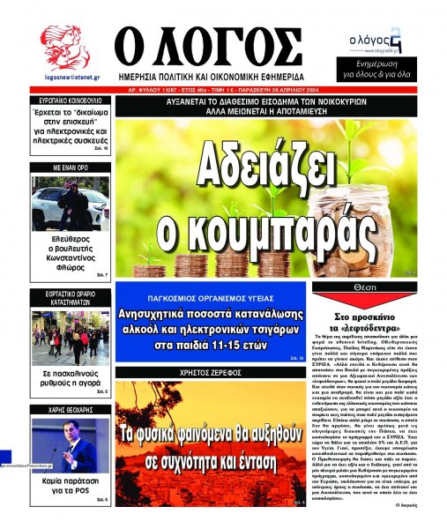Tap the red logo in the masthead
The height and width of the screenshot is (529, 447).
[x=64, y=48]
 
